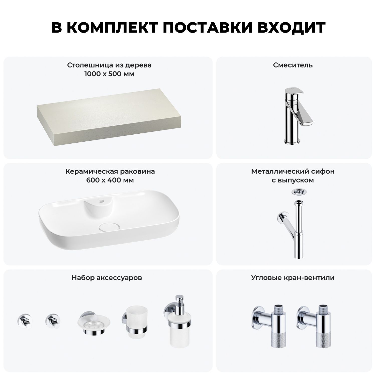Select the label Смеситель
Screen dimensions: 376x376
[x=293, y=65]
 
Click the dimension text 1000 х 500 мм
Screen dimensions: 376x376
[x=109, y=74]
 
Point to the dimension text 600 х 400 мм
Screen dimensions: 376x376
[x=110, y=180]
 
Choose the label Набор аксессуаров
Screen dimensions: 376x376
[x=107, y=278]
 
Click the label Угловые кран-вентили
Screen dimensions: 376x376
[x=293, y=278]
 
